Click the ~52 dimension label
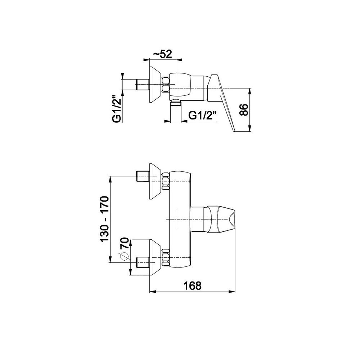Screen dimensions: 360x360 pyautogui.click(x=162, y=54)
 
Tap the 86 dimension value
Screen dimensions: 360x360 pyautogui.click(x=244, y=110)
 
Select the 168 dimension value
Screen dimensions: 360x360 pyautogui.click(x=192, y=286)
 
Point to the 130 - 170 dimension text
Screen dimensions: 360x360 pyautogui.click(x=104, y=219)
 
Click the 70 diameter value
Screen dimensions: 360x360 pyautogui.click(x=125, y=243)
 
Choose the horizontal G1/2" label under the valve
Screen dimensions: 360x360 pyautogui.click(x=202, y=115)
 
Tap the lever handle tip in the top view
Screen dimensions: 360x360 pyautogui.click(x=234, y=131)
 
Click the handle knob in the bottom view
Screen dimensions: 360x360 pyautogui.click(x=221, y=219)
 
